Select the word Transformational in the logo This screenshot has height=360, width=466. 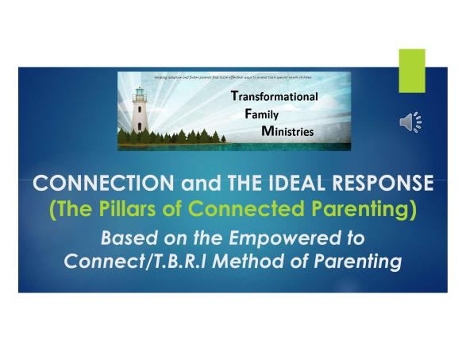tap(273, 97)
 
